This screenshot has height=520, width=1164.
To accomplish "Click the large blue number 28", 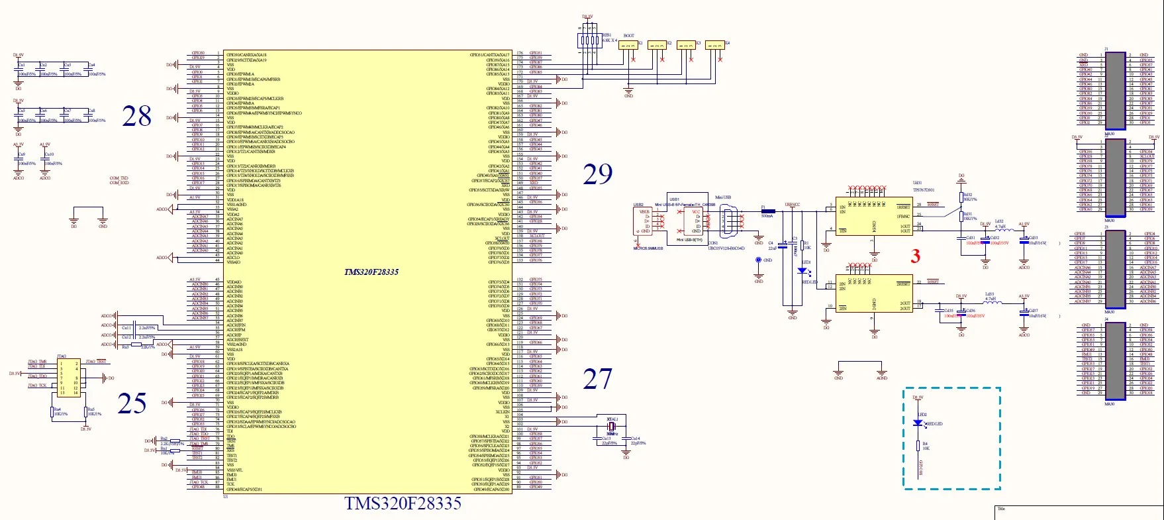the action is coord(137,117).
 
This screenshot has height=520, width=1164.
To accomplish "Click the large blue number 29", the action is coord(597,174).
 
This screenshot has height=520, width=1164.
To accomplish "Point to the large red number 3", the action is coord(915,256).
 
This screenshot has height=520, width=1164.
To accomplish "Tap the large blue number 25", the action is coord(132,403).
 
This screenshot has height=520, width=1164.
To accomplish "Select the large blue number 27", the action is coord(597,379).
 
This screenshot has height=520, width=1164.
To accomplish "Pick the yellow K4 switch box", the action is coord(714,45).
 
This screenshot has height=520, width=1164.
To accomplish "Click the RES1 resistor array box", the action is coord(587,40).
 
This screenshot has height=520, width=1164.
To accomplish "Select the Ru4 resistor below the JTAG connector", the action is coord(52,413).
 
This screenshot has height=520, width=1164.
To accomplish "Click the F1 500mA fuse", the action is coord(767,211).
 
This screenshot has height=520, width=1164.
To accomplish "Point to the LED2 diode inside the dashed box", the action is coord(918,423).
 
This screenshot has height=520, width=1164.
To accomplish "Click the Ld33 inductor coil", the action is coord(991,303).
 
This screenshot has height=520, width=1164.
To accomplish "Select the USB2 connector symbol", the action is coord(644,222).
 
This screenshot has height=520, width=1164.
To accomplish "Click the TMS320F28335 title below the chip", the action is coord(403,504).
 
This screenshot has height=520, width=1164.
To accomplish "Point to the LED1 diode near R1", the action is coord(802,270).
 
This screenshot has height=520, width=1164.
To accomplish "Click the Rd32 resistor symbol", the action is coord(961,197).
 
